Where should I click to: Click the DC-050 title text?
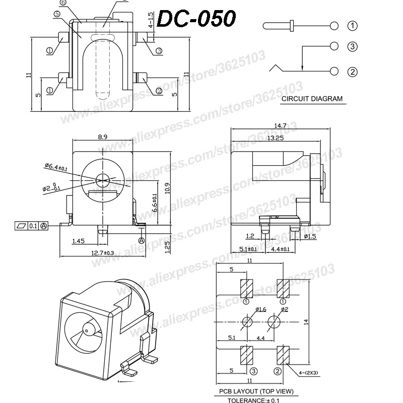197,20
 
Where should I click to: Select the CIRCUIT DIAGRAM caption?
311,99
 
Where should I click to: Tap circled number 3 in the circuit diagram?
352,47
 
